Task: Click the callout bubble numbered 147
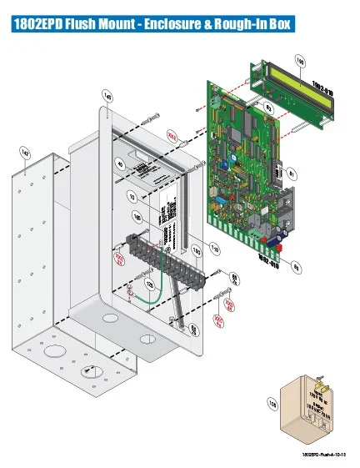[25, 153]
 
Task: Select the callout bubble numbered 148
[107, 96]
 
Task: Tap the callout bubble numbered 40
[120, 165]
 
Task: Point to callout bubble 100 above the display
[300, 58]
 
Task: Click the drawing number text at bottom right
[324, 454]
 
